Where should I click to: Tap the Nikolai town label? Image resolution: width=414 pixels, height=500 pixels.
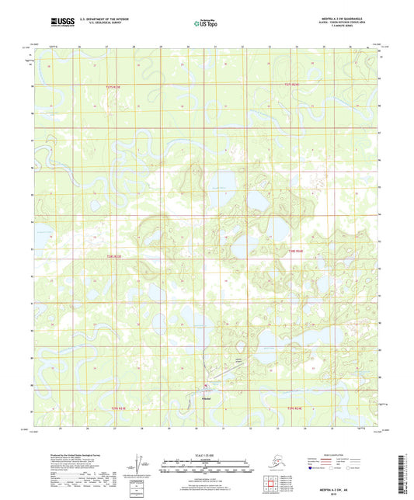[206, 398]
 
